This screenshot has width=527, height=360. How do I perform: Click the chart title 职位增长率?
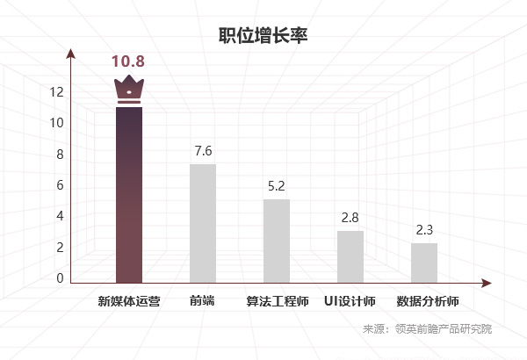pyautogui.click(x=263, y=36)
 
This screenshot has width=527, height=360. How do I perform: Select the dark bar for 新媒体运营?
pyautogui.click(x=129, y=193)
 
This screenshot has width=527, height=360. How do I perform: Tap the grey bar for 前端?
pyautogui.click(x=203, y=223)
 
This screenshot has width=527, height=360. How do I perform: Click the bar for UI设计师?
pyautogui.click(x=350, y=256)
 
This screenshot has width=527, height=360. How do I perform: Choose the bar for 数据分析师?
pyautogui.click(x=424, y=263)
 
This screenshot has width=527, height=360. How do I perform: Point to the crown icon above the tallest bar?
pyautogui.click(x=129, y=90)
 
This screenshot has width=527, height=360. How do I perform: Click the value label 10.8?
pyautogui.click(x=127, y=61)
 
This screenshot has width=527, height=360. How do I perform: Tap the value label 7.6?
pyautogui.click(x=203, y=150)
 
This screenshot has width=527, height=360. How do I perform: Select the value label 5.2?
pyautogui.click(x=277, y=186)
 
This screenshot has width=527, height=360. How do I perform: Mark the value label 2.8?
pyautogui.click(x=350, y=218)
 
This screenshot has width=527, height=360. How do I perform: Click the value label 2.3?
pyautogui.click(x=424, y=230)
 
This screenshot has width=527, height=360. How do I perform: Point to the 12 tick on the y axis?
pyautogui.click(x=57, y=91)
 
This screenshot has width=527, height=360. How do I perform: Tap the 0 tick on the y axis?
pyautogui.click(x=61, y=278)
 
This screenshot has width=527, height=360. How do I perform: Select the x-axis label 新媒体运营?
pyautogui.click(x=129, y=301)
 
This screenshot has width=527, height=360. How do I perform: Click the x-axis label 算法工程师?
pyautogui.click(x=277, y=301)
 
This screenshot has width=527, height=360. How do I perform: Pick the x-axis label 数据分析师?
pyautogui.click(x=428, y=301)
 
